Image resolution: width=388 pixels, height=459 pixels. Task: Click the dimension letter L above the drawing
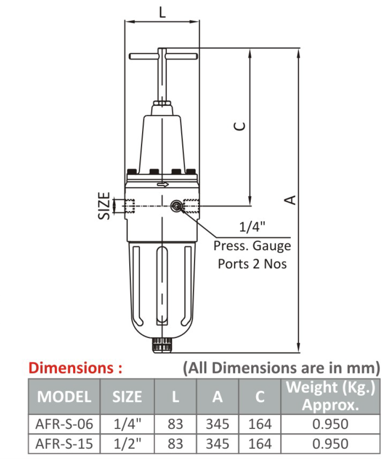point(162,12)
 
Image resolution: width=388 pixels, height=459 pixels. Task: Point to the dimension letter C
point(239,126)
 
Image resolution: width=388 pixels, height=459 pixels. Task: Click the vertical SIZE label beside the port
point(104,206)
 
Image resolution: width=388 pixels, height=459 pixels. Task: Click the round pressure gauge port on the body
point(176,205)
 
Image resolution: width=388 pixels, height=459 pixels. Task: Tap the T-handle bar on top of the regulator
point(163,57)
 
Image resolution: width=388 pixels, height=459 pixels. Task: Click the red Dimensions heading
point(75,368)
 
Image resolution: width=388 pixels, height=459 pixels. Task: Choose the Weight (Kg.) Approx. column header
point(330,396)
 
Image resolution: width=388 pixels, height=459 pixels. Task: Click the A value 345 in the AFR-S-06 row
point(217,424)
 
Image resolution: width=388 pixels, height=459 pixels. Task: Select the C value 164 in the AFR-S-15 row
point(259,443)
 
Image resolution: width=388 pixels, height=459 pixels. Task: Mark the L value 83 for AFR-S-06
point(175,424)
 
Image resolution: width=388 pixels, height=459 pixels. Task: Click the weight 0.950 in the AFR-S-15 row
point(330,443)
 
